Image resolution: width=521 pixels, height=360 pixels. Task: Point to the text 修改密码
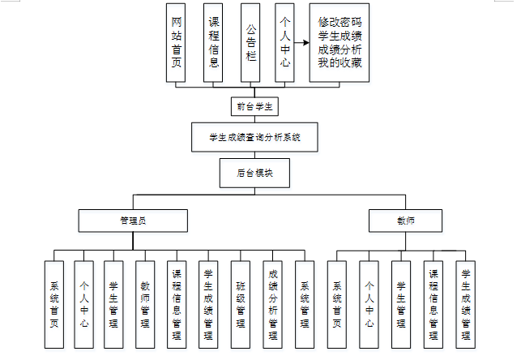pos(340,23)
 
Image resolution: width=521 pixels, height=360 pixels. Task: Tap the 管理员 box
pos(133,221)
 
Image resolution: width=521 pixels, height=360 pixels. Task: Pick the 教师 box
pos(404,221)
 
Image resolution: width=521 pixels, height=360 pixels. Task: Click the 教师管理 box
pos(146,304)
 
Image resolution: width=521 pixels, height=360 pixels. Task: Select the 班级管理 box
pos(241,304)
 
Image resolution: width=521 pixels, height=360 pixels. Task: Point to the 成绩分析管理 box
pos(273,304)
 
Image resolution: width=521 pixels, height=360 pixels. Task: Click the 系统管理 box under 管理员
pos(305,304)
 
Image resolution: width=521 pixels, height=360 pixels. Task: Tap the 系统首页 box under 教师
pos(337,304)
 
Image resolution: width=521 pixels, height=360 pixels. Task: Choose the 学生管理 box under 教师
pos(400,304)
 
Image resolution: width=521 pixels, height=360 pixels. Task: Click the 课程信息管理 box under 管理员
pos(177,304)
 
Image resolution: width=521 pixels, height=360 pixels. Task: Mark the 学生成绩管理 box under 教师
pos(465,304)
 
